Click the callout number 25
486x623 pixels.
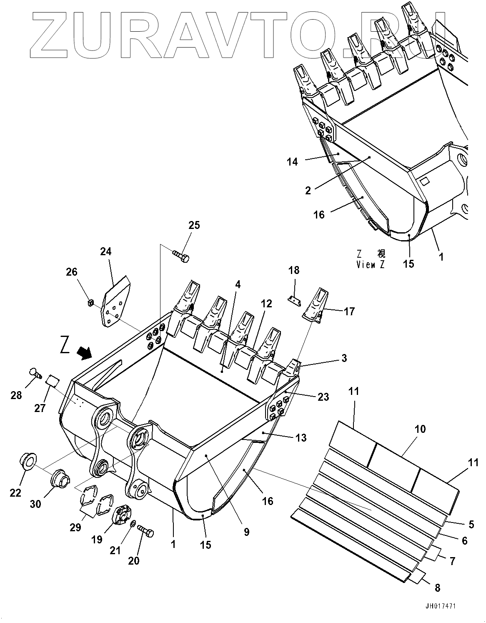(194, 225)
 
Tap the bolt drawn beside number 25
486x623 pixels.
(181, 256)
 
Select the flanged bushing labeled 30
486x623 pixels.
(58, 478)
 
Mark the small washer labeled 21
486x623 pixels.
(132, 524)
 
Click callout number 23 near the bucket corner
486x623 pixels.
(323, 397)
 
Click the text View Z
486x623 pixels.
(371, 265)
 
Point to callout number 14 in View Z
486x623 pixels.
(292, 162)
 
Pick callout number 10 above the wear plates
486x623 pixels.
(420, 429)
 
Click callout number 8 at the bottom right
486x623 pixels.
(437, 588)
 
